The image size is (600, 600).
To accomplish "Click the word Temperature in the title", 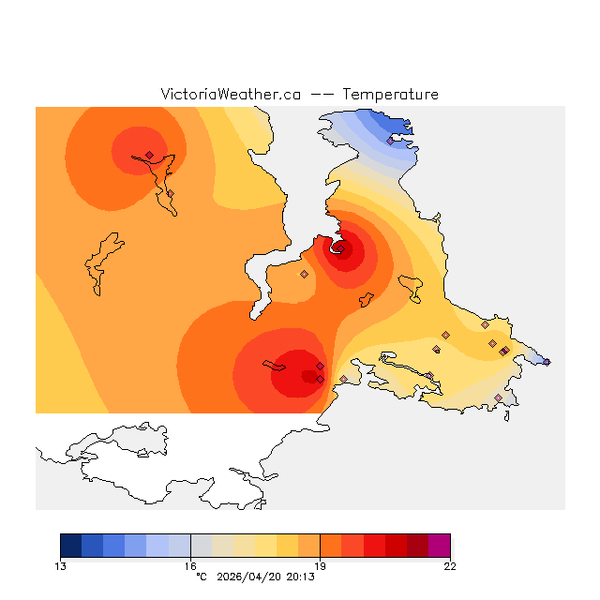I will [x=390, y=95].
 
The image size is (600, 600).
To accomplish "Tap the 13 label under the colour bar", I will [x=60, y=565].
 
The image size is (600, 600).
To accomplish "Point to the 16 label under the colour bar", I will [x=190, y=565].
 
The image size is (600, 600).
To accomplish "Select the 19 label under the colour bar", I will [x=320, y=565].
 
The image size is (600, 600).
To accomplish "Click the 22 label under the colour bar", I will [x=450, y=565].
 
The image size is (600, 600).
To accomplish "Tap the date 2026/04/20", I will [x=247, y=577].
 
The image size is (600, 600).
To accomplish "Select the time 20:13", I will [x=299, y=577].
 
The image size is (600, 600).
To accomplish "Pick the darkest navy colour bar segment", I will [x=70, y=546].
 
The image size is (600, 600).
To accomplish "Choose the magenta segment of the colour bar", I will [x=439, y=546].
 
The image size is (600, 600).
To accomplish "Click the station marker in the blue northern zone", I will [x=390, y=142].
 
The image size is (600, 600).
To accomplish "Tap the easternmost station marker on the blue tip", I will [x=547, y=362].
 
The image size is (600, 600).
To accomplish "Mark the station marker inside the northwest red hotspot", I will [x=149, y=155].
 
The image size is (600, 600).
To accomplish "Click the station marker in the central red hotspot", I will [x=340, y=248].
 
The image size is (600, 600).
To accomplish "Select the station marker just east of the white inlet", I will [x=304, y=275].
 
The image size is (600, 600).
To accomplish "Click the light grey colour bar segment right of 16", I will [x=201, y=546].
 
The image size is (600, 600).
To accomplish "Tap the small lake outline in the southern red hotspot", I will [x=273, y=365].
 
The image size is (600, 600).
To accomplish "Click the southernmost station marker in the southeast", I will [x=498, y=398].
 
